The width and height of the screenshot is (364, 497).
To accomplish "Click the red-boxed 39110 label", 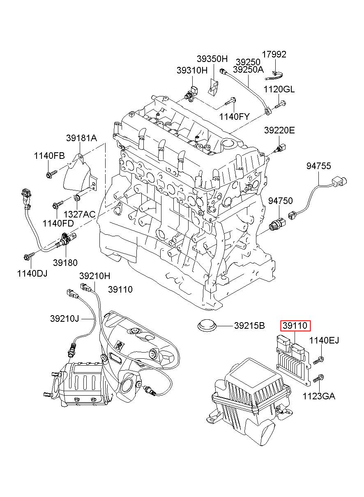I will pyautogui.click(x=296, y=326).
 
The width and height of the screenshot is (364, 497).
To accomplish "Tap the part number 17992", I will pyautogui.click(x=274, y=55).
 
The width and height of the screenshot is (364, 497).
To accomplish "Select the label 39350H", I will pyautogui.click(x=212, y=59).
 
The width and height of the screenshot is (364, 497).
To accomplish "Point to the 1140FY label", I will pyautogui.click(x=234, y=117).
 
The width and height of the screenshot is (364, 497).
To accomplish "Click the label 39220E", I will pyautogui.click(x=279, y=131).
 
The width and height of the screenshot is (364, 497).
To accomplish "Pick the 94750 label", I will pyautogui.click(x=281, y=201).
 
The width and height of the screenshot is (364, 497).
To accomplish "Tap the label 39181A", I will pyautogui.click(x=82, y=138).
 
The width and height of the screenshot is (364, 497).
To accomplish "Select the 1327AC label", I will pyautogui.click(x=80, y=214).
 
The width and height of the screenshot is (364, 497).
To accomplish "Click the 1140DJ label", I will pyautogui.click(x=32, y=273).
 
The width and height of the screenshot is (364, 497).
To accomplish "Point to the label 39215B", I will pyautogui.click(x=249, y=326).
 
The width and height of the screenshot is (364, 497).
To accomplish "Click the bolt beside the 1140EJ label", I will pyautogui.click(x=319, y=360).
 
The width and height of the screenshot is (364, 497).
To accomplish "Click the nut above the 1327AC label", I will pyautogui.click(x=76, y=199).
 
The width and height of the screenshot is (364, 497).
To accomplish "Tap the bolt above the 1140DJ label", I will pyautogui.click(x=28, y=257).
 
